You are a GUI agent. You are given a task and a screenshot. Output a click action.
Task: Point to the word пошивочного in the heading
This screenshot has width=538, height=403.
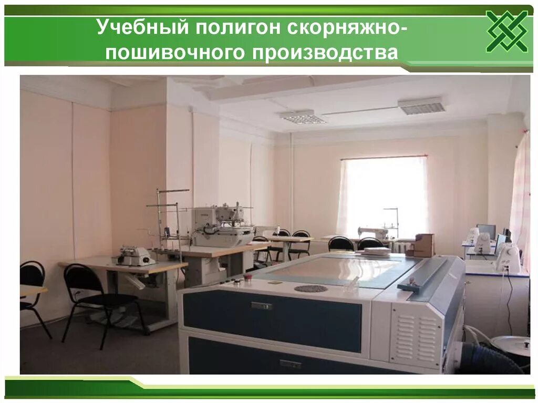(195, 53)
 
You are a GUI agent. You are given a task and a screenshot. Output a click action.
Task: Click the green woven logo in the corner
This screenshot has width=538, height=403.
(506, 31)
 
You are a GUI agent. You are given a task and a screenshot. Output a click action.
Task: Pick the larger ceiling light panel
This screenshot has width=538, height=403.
(421, 106)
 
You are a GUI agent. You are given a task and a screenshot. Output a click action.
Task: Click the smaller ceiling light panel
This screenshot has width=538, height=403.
(303, 117)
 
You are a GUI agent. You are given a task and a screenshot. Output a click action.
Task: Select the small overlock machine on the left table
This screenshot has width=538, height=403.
(134, 256)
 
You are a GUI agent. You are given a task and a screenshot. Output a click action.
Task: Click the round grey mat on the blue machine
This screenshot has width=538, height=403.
(311, 288)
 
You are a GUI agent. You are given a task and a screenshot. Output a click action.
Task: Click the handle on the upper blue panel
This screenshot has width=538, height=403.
(261, 305)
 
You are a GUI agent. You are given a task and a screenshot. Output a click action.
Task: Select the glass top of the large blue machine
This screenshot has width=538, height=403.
(336, 270)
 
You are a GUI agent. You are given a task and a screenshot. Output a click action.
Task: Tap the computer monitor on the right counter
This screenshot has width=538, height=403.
(487, 231)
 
